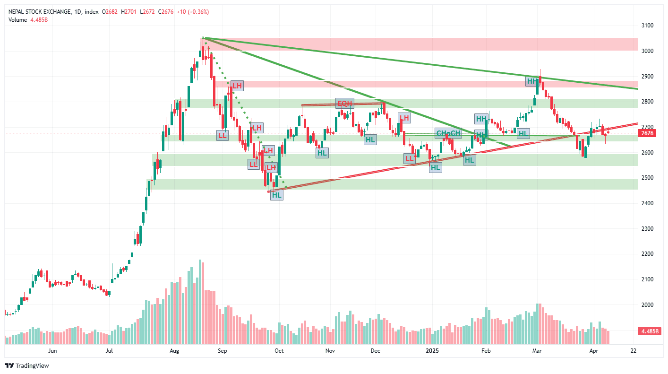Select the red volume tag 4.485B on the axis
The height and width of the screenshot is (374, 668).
tap(650, 331)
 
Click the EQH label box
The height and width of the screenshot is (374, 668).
tap(344, 104)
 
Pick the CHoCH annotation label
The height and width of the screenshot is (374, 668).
tap(448, 133)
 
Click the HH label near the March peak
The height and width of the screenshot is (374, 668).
tap(532, 81)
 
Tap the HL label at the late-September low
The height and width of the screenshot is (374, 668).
tap(276, 195)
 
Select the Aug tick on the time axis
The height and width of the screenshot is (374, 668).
tap(174, 351)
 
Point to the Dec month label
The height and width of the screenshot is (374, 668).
tap(376, 351)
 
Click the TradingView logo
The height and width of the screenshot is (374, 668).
tap(27, 365)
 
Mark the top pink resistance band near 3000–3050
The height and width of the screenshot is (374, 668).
tap(420, 44)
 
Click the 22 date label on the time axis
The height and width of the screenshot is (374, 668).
tap(634, 351)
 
